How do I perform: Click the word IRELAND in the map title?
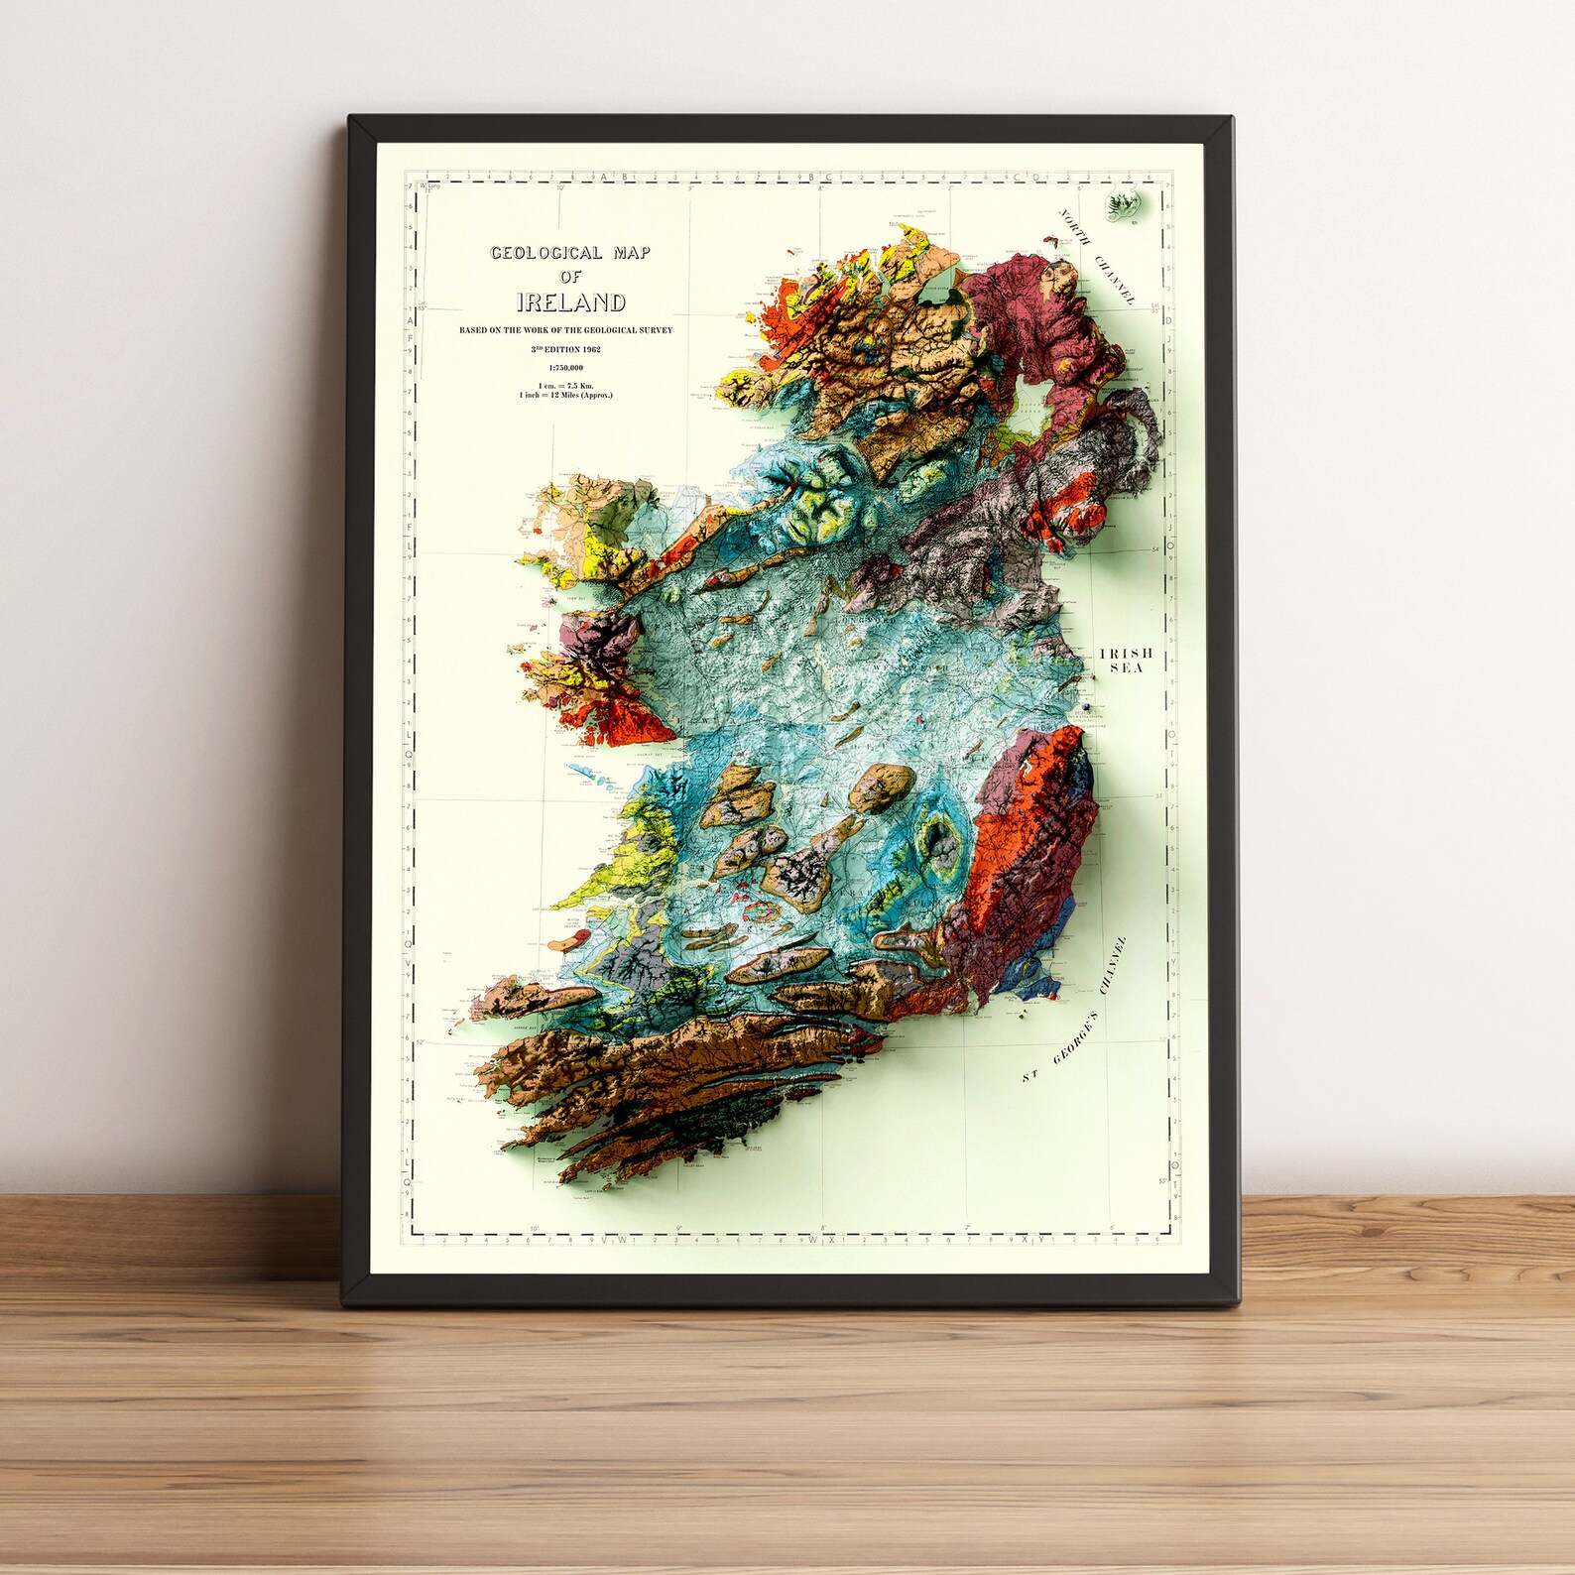pos(570,303)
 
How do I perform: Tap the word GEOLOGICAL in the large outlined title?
pos(546,254)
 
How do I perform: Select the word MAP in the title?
pos(631,253)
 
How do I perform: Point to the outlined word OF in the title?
pos(570,277)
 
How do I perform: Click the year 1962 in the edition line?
pos(591,349)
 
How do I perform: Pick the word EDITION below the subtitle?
pos(560,349)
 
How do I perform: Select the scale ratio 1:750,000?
pos(565,368)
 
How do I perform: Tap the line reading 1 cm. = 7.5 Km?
pos(565,385)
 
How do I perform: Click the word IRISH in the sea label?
pos(1126,654)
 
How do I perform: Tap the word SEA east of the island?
pos(1126,668)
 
